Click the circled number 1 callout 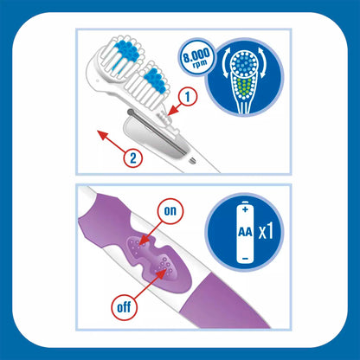pyautogui.click(x=187, y=97)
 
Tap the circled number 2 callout pyautogui.click(x=133, y=158)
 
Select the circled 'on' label pyautogui.click(x=170, y=211)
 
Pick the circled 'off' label pyautogui.click(x=125, y=307)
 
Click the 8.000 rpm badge pyautogui.click(x=197, y=57)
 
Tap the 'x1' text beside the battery pyautogui.click(x=266, y=231)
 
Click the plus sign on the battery pyautogui.click(x=245, y=209)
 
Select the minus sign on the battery pyautogui.click(x=245, y=258)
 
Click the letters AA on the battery pyautogui.click(x=245, y=232)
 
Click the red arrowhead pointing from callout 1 pyautogui.click(x=170, y=112)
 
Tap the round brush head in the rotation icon pyautogui.click(x=245, y=64)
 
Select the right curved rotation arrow pyautogui.click(x=263, y=63)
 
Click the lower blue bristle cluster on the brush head pyautogui.click(x=156, y=80)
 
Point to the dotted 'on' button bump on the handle pyautogui.click(x=137, y=246)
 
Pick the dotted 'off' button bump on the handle pyautogui.click(x=165, y=267)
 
